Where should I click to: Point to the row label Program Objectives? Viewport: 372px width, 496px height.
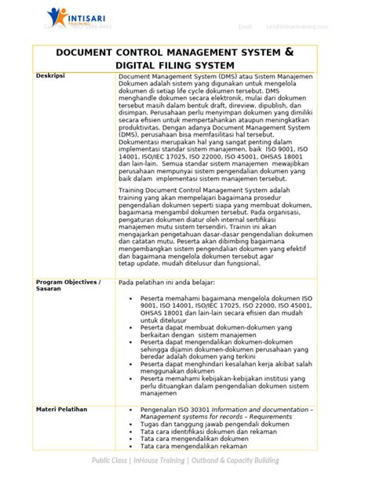68,281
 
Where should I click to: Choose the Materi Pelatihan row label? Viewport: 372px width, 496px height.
62,410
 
